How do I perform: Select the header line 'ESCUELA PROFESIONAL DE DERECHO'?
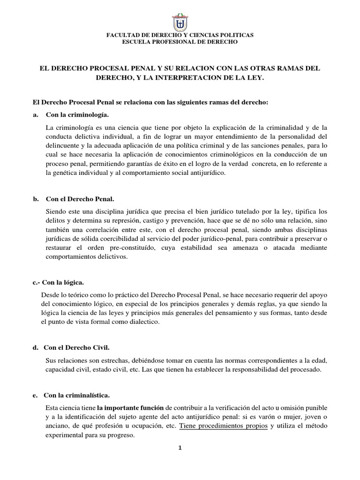click(x=180, y=42)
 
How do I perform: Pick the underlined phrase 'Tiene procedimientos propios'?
click(x=224, y=426)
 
